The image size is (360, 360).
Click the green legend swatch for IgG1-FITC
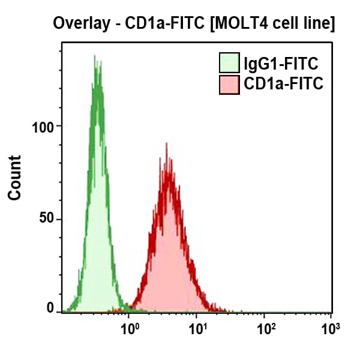229,63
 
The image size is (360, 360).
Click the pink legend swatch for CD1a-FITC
229,85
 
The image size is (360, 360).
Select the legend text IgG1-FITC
280,63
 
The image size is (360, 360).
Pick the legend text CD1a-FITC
283,85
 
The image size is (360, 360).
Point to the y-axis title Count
14,178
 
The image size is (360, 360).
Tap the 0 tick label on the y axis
50,308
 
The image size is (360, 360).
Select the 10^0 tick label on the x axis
130,328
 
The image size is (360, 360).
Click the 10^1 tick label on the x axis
197,328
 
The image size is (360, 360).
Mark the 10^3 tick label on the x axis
331,328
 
